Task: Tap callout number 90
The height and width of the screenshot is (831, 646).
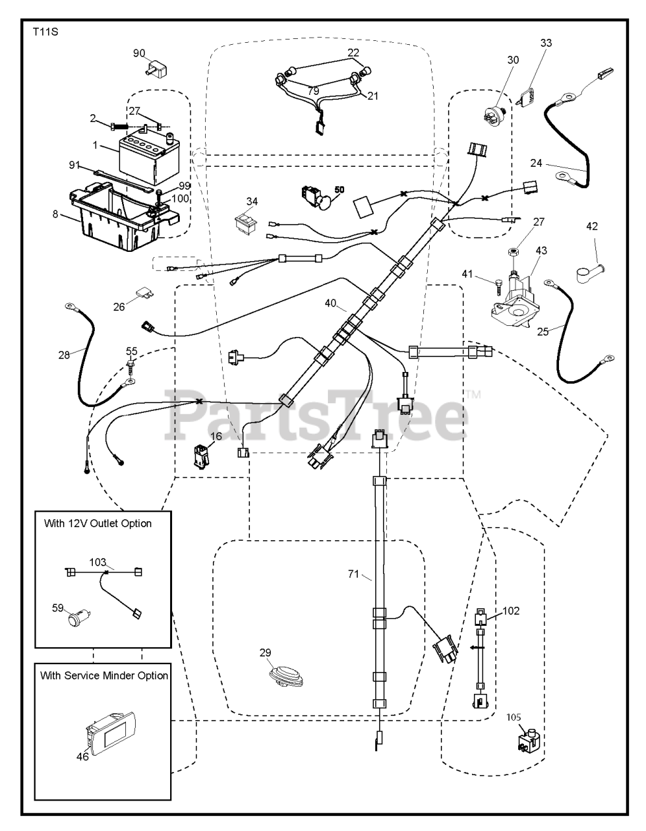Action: [x=139, y=53]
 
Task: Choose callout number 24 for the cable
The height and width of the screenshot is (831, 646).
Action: [x=518, y=164]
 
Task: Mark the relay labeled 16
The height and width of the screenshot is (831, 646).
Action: [x=201, y=456]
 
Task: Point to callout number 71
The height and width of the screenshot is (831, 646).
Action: [x=353, y=574]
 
